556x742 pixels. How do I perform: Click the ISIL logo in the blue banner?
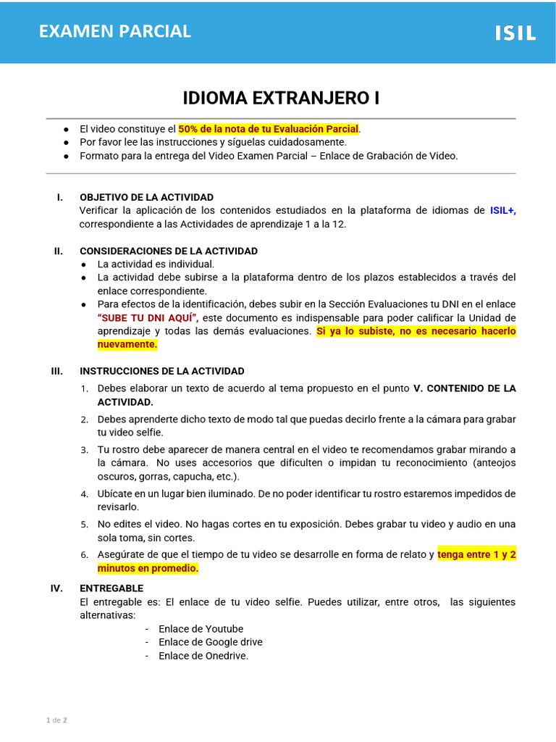click(x=515, y=33)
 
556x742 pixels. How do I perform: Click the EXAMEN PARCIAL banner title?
click(x=114, y=31)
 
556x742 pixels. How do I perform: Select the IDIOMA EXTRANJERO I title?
click(x=281, y=98)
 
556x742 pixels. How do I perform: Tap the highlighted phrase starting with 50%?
click(x=269, y=129)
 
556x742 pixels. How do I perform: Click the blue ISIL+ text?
click(x=502, y=210)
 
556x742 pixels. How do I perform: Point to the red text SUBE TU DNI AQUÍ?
click(x=148, y=318)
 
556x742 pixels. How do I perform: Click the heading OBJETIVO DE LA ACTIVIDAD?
click(x=146, y=197)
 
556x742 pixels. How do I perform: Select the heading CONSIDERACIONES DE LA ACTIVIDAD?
click(x=169, y=251)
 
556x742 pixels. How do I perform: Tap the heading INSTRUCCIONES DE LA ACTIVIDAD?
click(x=162, y=371)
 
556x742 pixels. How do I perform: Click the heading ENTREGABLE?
click(x=111, y=588)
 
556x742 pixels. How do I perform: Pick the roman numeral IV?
click(x=56, y=588)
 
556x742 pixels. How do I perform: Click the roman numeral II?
click(x=59, y=251)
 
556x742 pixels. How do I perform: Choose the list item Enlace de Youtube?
click(x=201, y=629)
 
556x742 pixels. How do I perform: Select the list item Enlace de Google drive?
click(x=210, y=642)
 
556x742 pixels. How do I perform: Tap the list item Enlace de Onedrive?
click(x=203, y=656)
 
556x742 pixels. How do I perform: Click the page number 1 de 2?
click(x=56, y=720)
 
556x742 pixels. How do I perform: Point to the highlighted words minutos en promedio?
click(x=148, y=569)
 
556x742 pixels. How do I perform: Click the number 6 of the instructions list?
click(x=84, y=555)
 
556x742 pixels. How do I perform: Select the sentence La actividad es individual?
click(x=156, y=264)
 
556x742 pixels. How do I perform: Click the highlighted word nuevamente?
click(x=127, y=345)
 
